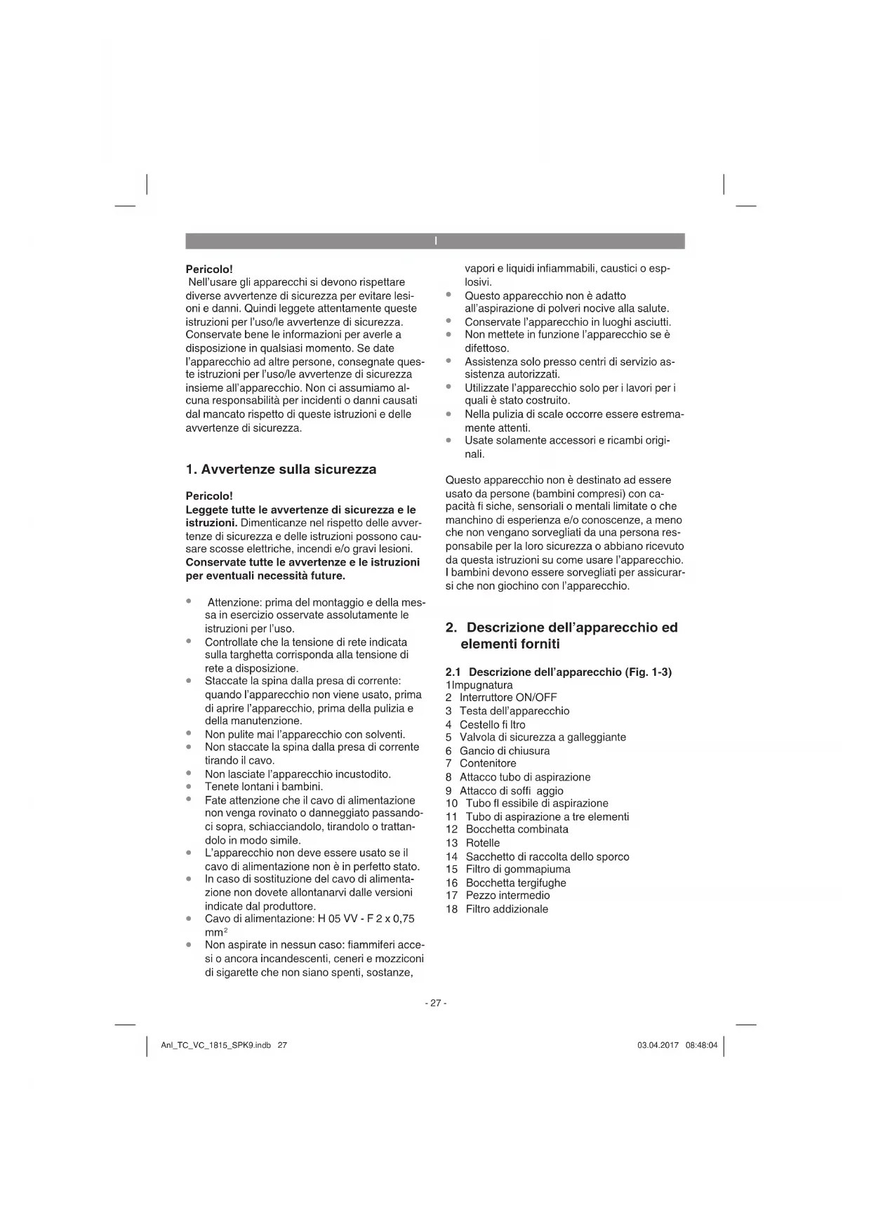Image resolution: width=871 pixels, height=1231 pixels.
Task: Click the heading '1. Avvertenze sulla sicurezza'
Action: [281, 470]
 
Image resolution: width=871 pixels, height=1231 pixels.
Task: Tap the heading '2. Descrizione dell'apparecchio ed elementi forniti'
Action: [561, 635]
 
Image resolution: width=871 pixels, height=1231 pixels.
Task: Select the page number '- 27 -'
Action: [435, 1003]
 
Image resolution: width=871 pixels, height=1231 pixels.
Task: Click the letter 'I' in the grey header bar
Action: [435, 241]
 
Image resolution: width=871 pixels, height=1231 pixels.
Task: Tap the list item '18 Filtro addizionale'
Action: [497, 909]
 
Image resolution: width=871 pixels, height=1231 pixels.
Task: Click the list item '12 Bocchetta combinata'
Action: [507, 830]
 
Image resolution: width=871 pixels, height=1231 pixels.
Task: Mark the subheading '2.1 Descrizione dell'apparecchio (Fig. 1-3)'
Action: [559, 672]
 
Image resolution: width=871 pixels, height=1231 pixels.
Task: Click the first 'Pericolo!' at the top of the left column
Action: [209, 269]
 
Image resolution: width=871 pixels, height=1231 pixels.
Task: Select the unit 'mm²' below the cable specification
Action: [213, 932]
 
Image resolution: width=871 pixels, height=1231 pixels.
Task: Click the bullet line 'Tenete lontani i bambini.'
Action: [263, 787]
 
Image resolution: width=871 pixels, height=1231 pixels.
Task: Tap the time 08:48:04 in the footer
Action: [701, 1045]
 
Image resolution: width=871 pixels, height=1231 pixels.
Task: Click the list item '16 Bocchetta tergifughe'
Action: [506, 883]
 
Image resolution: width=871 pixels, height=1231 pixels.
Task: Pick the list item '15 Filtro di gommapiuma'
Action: [508, 870]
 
